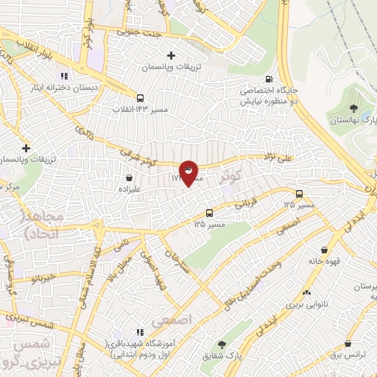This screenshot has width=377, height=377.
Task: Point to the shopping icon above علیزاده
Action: (x=130, y=177)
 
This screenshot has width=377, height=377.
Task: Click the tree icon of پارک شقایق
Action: (x=222, y=344)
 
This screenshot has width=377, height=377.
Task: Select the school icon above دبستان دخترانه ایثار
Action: (x=64, y=76)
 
